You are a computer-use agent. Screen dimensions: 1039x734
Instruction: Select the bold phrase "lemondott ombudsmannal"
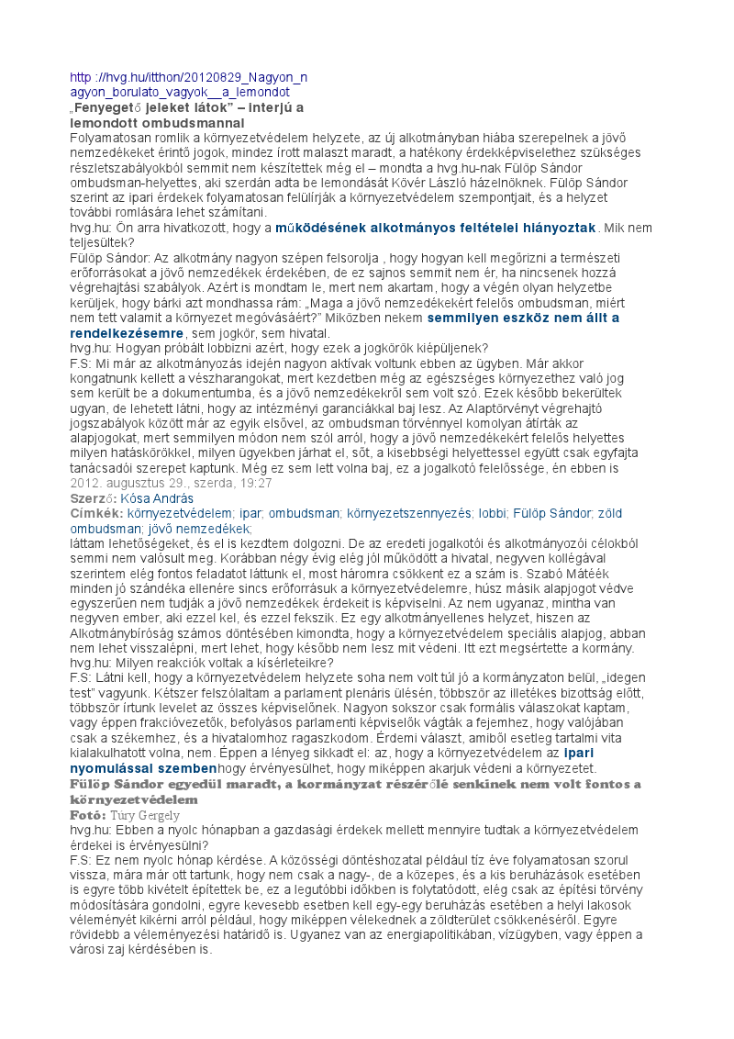157,122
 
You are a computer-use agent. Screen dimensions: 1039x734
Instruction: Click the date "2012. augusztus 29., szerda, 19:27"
171,483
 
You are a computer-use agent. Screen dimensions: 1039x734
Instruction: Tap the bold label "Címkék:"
96,513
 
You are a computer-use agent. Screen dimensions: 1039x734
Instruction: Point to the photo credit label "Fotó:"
88,814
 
